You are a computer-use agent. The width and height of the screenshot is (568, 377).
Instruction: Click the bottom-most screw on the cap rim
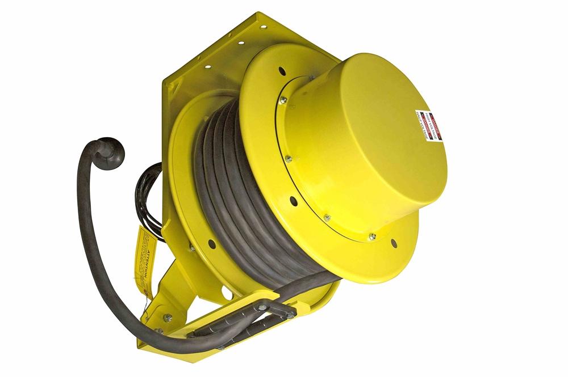pos(372,236)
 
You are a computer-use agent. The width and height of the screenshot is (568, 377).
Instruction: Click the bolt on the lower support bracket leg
pos(168,317)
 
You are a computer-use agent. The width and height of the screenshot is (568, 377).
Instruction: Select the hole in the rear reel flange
pos(211,244)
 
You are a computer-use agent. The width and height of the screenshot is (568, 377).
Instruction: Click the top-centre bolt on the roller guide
pos(263,307)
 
